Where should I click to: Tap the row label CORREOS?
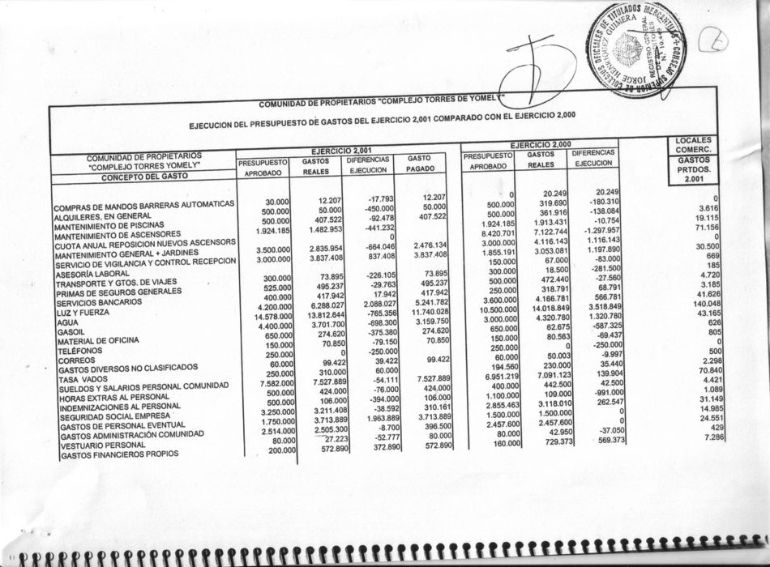coord(77,360)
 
